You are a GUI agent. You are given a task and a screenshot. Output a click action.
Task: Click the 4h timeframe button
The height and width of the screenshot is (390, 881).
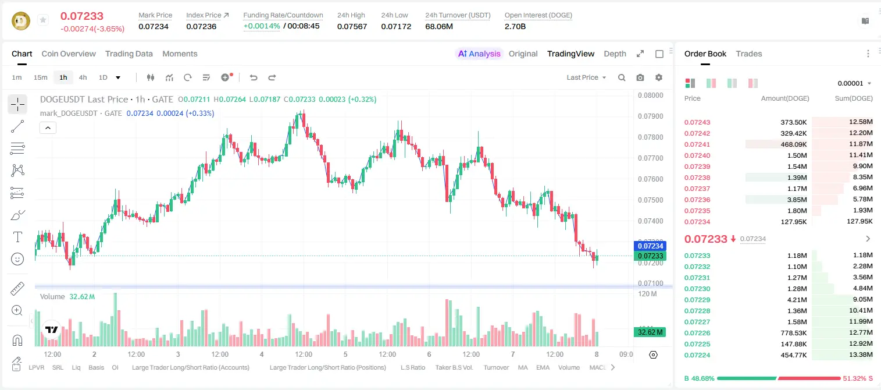pyautogui.click(x=83, y=77)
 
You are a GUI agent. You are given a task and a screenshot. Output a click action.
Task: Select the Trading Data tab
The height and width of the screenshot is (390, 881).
pyautogui.click(x=129, y=54)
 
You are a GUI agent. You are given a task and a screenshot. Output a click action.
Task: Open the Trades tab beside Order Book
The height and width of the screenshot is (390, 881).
pyautogui.click(x=748, y=54)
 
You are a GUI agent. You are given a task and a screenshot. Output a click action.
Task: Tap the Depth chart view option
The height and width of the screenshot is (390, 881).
pyautogui.click(x=615, y=54)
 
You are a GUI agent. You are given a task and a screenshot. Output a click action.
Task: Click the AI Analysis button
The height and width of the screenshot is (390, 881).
pyautogui.click(x=479, y=54)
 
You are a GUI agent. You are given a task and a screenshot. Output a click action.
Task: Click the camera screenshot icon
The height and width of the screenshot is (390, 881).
pyautogui.click(x=640, y=77)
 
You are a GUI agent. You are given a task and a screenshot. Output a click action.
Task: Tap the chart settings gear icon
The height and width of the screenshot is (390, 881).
pyautogui.click(x=659, y=77)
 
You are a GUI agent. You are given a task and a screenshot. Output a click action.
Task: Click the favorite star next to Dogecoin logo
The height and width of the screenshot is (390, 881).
pyautogui.click(x=43, y=20)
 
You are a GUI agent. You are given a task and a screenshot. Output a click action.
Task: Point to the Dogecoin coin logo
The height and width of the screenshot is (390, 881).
pyautogui.click(x=21, y=20)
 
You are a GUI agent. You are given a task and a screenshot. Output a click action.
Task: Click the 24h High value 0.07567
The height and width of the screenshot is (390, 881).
pyautogui.click(x=352, y=26)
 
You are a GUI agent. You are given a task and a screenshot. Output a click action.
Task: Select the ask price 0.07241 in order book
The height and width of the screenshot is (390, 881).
pyautogui.click(x=697, y=144)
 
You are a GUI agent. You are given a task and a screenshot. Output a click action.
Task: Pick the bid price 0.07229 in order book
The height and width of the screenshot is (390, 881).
pyautogui.click(x=697, y=300)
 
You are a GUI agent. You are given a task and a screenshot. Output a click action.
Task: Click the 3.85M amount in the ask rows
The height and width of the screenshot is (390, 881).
pyautogui.click(x=797, y=200)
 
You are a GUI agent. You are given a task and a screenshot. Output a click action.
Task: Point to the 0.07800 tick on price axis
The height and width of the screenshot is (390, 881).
pyautogui.click(x=651, y=137)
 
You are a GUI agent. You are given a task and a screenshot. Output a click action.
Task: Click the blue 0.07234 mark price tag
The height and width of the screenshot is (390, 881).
pyautogui.click(x=650, y=246)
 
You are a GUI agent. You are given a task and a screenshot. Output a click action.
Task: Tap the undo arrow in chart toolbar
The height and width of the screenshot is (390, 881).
pyautogui.click(x=254, y=77)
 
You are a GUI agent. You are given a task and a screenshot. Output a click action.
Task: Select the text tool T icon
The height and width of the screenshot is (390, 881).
pyautogui.click(x=17, y=237)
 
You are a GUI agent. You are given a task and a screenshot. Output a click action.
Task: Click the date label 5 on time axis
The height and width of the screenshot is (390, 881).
pyautogui.click(x=345, y=354)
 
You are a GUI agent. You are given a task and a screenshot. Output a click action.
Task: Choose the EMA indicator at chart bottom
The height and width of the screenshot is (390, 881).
pyautogui.click(x=543, y=367)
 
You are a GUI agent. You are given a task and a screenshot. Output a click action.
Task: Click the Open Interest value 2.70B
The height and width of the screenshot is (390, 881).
pyautogui.click(x=515, y=26)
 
